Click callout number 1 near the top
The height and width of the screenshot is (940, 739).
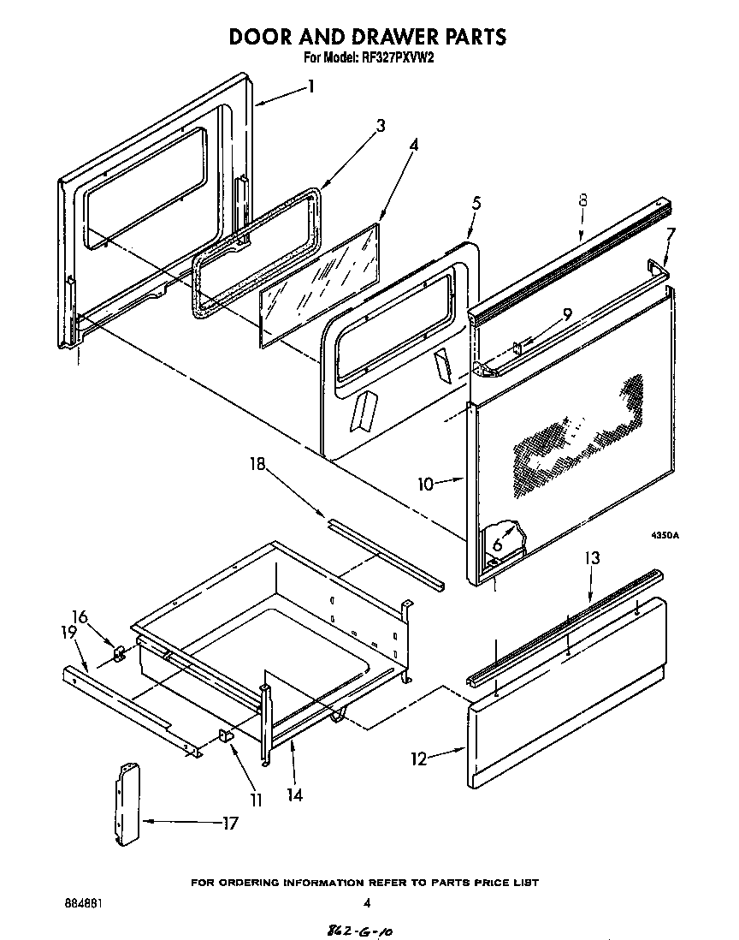tap(312, 86)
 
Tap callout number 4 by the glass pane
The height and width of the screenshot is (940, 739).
tap(413, 145)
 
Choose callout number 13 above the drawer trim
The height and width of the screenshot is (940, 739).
tap(592, 558)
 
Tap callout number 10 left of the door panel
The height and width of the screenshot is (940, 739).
tap(426, 484)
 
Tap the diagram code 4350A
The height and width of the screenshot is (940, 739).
tap(664, 535)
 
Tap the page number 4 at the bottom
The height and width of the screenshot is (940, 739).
tap(366, 902)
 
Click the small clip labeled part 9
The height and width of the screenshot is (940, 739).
tap(518, 346)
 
